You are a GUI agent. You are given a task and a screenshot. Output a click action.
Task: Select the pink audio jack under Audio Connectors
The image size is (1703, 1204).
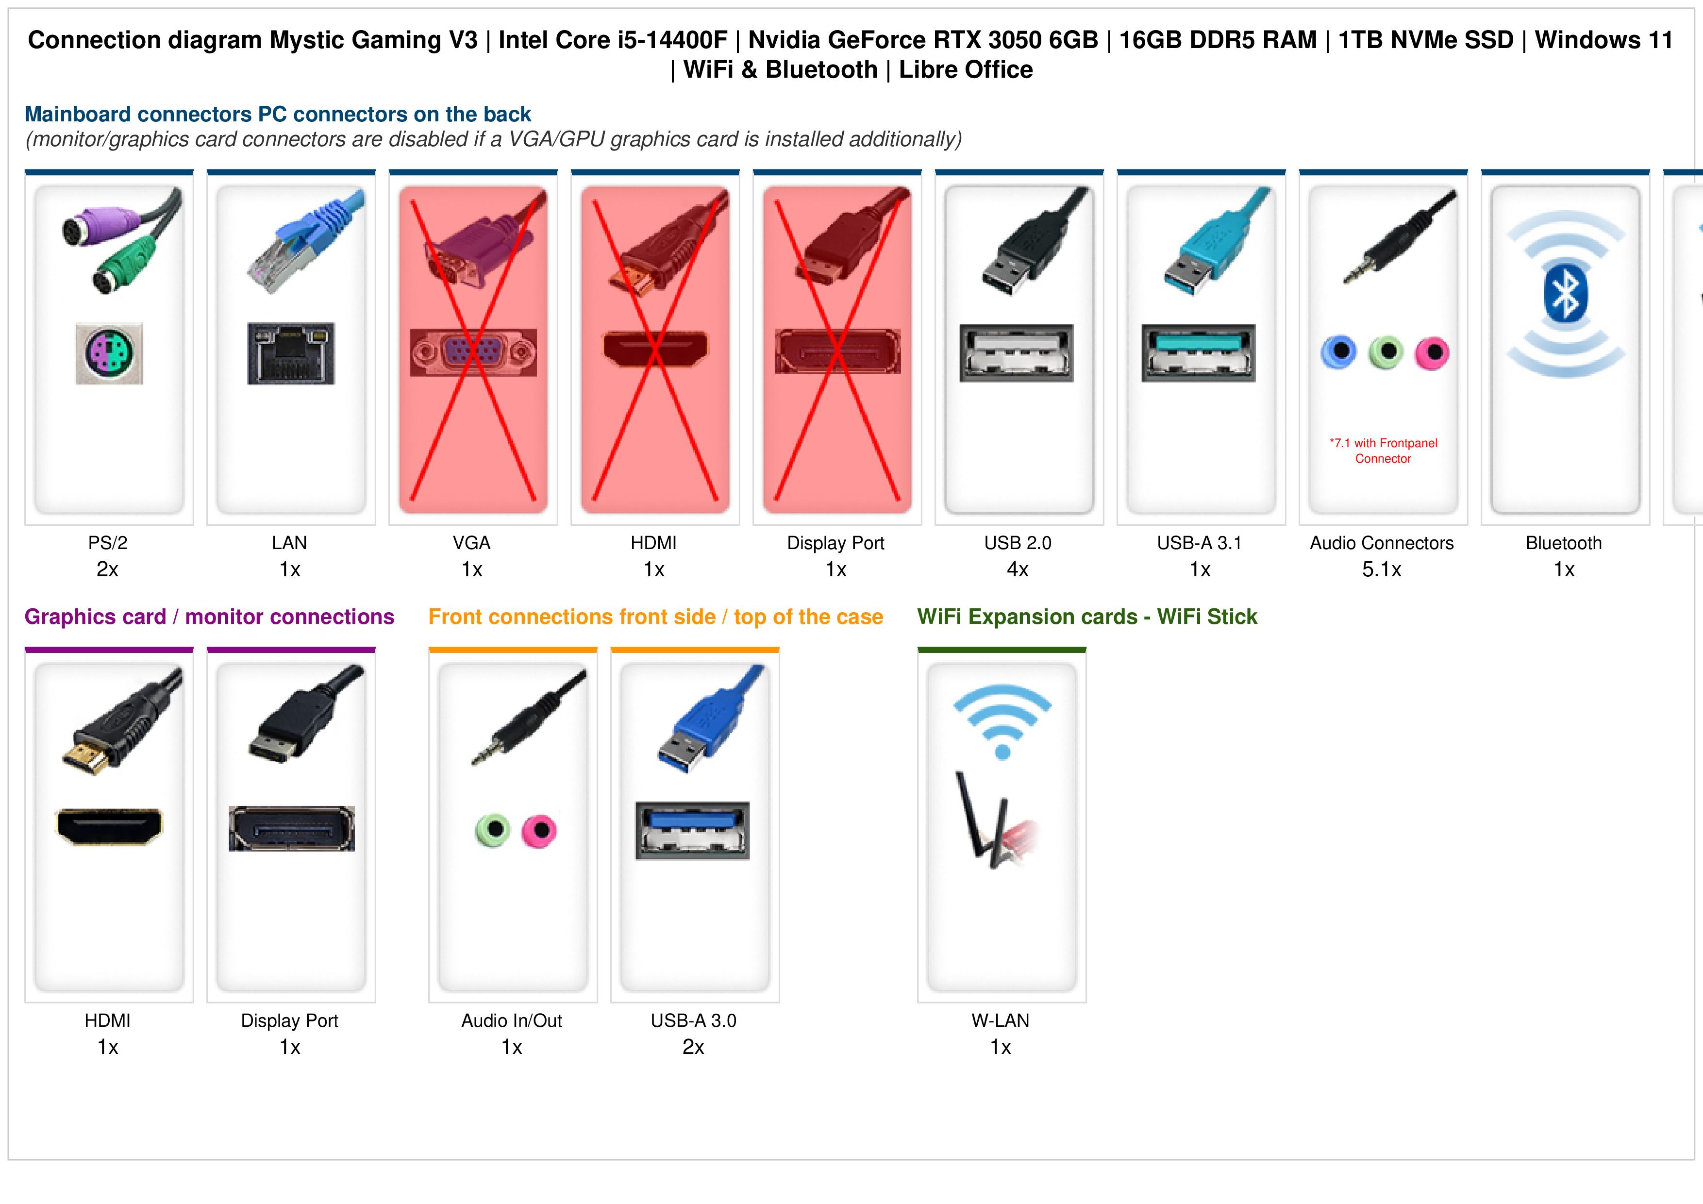pos(1432,353)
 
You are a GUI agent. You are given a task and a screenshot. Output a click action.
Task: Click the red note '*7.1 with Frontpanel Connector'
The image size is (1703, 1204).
pos(1383,451)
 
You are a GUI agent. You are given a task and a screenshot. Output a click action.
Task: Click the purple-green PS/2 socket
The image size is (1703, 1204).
pos(109,353)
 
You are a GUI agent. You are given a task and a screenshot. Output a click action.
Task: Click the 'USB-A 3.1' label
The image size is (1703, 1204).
pos(1200,543)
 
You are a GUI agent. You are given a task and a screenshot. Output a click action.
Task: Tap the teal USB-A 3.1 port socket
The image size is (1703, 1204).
pos(1199,352)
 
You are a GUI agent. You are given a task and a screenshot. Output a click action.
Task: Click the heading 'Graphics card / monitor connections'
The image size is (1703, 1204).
pos(209,617)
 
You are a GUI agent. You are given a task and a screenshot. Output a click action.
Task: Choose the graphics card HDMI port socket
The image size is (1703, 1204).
pos(109,826)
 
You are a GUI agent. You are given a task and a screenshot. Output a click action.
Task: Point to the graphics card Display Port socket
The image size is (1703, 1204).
pos(291,828)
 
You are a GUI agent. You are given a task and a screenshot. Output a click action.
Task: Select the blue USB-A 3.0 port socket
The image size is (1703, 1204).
pos(693,830)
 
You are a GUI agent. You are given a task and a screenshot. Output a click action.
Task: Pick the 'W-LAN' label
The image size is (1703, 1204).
pos(1001,1021)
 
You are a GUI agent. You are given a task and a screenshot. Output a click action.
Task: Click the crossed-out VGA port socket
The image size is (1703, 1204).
pos(473,352)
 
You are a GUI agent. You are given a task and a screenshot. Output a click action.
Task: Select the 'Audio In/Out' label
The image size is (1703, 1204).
pos(512,1021)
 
